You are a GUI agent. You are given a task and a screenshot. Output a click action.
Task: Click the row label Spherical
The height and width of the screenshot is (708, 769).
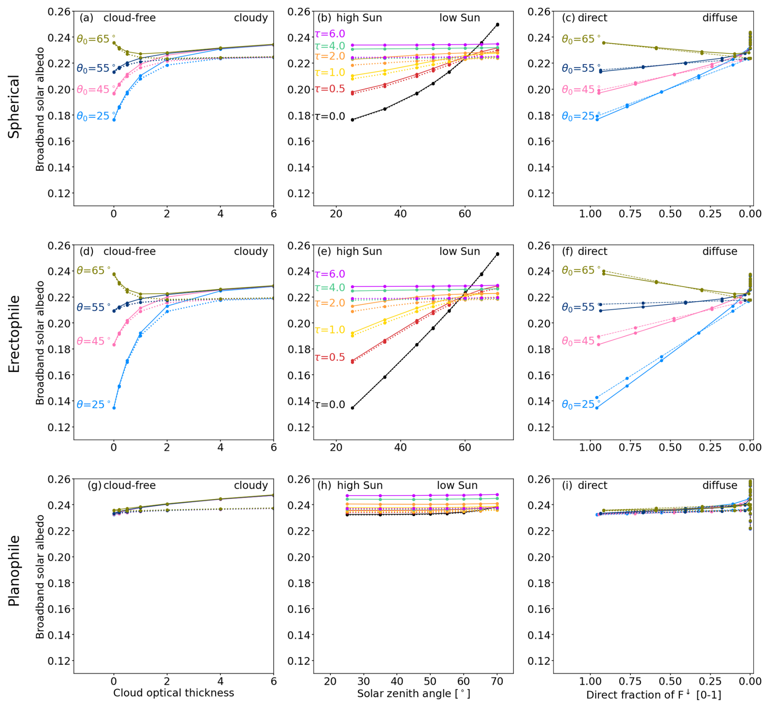click(14, 107)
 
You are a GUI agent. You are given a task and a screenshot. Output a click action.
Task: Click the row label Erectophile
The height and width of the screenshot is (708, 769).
click(14, 334)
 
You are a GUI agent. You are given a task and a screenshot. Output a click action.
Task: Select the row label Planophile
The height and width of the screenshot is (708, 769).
click(14, 571)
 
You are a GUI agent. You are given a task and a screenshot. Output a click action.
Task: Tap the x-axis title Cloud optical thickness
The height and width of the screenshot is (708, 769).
click(174, 693)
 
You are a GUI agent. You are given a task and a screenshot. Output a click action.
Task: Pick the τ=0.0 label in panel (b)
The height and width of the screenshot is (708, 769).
click(330, 116)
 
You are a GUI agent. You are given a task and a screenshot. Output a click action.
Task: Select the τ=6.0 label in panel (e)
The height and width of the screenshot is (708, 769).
click(330, 274)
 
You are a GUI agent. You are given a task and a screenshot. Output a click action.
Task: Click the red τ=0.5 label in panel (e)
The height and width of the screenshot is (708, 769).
click(330, 357)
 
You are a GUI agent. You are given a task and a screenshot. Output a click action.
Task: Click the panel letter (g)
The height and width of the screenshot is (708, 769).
click(94, 485)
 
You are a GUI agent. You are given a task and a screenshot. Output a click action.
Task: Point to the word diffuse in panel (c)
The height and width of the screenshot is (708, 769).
click(719, 18)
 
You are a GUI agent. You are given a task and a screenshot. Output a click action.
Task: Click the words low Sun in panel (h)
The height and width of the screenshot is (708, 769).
click(457, 485)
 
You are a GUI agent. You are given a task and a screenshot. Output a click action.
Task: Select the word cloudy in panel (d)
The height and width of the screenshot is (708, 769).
click(251, 251)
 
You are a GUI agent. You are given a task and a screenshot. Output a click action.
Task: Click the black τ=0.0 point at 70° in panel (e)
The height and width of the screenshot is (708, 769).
click(497, 254)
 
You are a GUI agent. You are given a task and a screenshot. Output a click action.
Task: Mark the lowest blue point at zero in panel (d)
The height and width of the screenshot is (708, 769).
click(114, 408)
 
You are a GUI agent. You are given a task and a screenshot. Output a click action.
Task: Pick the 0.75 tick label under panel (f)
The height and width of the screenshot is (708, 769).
click(630, 447)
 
